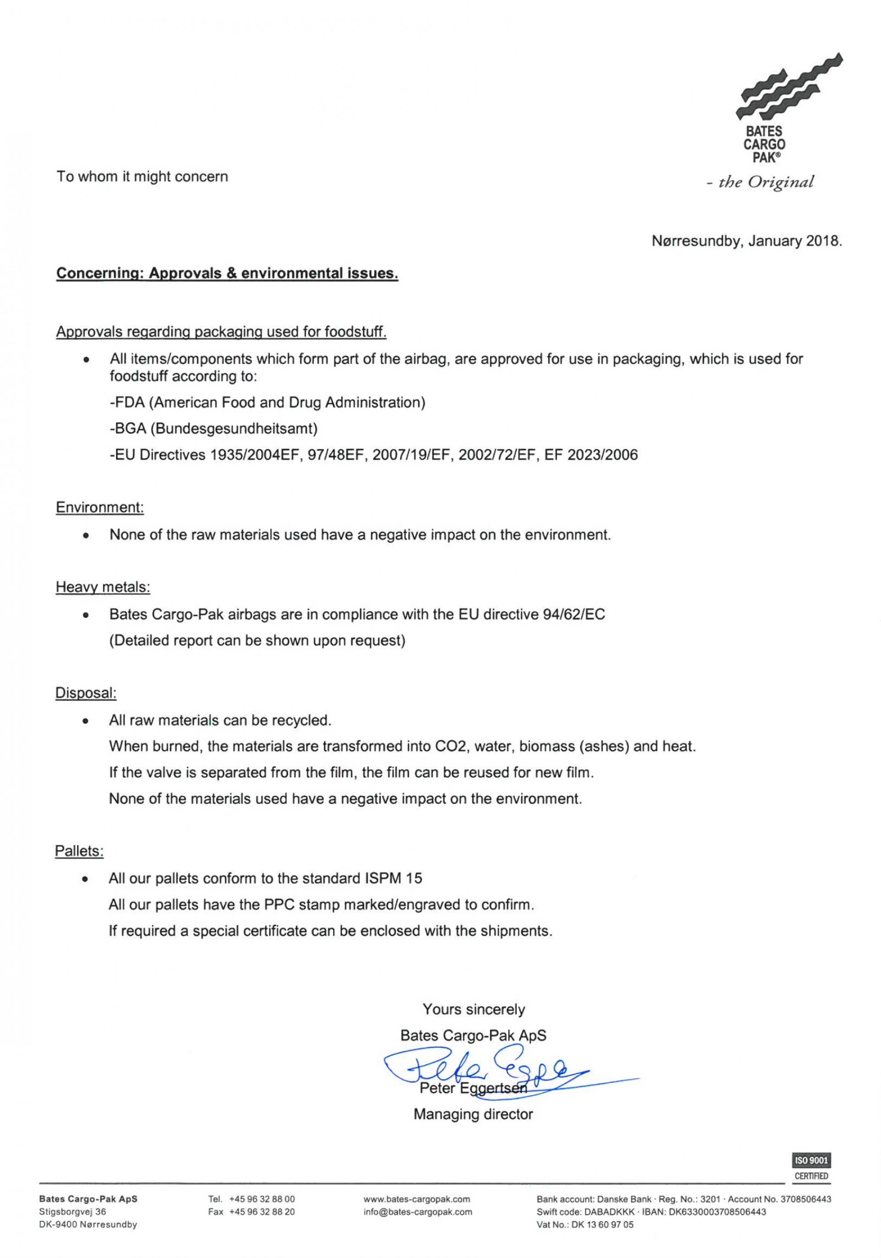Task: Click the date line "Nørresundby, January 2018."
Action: tap(746, 241)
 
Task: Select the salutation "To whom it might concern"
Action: tap(143, 177)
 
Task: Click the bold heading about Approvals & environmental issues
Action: tap(227, 273)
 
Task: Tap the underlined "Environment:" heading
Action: tap(100, 508)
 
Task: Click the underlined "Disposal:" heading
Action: tap(86, 693)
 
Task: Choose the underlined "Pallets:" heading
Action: tap(79, 851)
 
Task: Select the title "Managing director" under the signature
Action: tap(473, 1114)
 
